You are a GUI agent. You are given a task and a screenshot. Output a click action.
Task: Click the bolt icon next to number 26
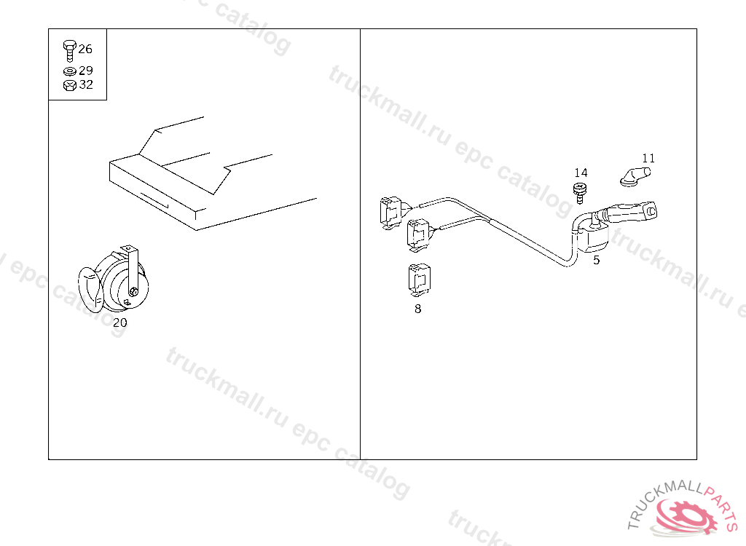click(69, 51)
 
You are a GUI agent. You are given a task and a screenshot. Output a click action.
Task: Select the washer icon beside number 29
click(69, 71)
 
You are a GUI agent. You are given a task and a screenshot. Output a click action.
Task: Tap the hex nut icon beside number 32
click(69, 86)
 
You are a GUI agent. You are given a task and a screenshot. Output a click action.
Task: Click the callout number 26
click(85, 49)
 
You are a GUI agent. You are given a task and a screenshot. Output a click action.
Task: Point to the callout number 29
click(86, 71)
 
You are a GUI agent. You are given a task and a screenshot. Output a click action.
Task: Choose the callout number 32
click(86, 84)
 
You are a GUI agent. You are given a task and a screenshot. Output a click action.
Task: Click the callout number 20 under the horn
click(120, 323)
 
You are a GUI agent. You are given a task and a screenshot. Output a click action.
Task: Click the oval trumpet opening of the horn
click(90, 290)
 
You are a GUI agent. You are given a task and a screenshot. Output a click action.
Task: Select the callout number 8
click(417, 309)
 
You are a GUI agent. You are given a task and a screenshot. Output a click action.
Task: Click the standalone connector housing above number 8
click(419, 279)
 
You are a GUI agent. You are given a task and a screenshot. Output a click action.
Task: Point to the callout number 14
click(581, 173)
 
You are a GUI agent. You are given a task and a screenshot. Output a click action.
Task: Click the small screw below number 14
click(579, 193)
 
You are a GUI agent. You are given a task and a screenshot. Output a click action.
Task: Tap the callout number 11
click(648, 159)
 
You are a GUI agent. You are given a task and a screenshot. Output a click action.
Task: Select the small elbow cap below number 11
click(635, 176)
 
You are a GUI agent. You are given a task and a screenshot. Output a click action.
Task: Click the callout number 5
click(597, 261)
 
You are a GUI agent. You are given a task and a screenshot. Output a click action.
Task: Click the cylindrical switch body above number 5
click(592, 239)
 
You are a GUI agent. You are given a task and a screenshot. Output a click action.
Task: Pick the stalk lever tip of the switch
click(650, 210)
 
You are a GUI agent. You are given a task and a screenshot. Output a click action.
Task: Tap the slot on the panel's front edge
click(154, 199)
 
